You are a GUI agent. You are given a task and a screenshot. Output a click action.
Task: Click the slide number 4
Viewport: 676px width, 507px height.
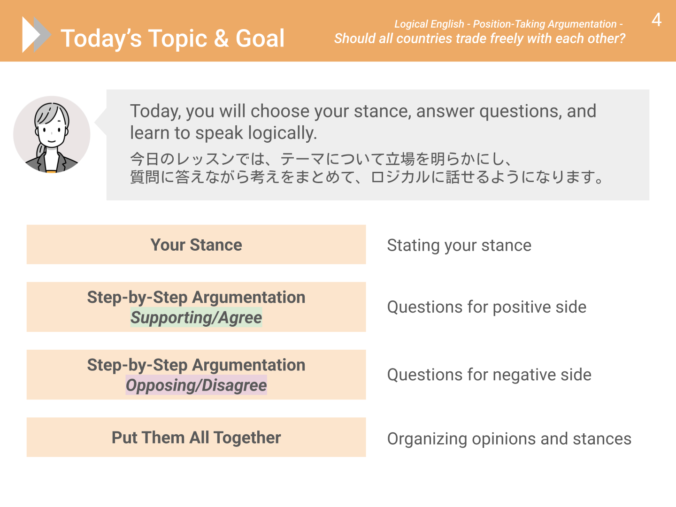click(x=656, y=20)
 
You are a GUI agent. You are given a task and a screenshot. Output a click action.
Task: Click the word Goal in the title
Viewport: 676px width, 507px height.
click(x=260, y=38)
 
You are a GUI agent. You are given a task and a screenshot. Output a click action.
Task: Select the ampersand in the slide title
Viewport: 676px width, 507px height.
click(x=221, y=38)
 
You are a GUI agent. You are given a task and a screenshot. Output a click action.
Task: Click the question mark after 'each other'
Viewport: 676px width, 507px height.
click(x=622, y=38)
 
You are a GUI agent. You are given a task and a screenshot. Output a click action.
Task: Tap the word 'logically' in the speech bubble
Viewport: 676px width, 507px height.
click(x=283, y=133)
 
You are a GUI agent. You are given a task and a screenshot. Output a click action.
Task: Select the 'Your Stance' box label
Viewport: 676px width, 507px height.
click(x=196, y=245)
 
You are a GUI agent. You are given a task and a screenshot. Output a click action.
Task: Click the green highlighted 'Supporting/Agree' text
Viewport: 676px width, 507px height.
click(x=196, y=317)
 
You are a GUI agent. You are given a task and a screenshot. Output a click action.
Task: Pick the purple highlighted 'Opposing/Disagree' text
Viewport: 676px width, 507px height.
click(x=196, y=385)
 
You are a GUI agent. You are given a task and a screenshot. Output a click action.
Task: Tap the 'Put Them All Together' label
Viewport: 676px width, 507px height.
click(x=196, y=438)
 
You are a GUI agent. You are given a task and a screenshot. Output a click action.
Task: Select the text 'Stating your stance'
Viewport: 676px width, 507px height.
click(x=459, y=246)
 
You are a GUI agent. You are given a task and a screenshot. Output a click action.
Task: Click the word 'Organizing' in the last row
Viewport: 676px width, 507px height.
click(x=427, y=439)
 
